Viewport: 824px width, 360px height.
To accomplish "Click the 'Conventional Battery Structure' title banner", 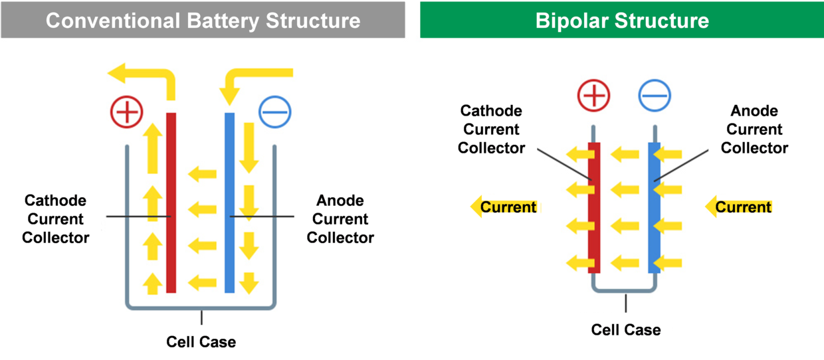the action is (203, 20).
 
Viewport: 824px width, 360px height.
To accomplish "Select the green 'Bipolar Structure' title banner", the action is (622, 20).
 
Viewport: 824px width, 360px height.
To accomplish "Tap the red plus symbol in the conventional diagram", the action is (126, 112).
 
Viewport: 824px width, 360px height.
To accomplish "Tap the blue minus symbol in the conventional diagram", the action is (275, 112).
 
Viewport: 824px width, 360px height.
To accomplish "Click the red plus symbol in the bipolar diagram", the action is (593, 95).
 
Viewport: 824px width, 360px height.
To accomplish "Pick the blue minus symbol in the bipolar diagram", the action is (655, 95).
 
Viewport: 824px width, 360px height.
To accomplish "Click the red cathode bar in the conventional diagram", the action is (171, 203).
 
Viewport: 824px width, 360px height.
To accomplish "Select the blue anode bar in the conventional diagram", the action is (229, 203).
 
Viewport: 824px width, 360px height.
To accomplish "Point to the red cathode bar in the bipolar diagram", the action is (594, 208).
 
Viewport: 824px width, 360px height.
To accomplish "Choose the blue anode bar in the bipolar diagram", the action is (654, 208).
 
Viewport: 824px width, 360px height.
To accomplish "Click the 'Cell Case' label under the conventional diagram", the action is (201, 342).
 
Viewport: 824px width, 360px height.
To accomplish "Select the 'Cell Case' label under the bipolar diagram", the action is (626, 330).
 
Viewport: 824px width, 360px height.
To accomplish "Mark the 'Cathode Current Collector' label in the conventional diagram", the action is (56, 219).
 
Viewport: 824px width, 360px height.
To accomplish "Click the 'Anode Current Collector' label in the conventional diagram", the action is (340, 219).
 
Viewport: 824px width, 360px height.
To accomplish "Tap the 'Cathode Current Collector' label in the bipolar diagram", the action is (491, 130).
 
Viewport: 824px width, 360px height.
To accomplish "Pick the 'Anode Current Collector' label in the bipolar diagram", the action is (754, 130).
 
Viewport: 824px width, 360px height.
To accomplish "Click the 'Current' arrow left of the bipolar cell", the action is (506, 207).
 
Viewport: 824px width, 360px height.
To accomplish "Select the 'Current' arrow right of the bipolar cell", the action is (739, 207).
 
